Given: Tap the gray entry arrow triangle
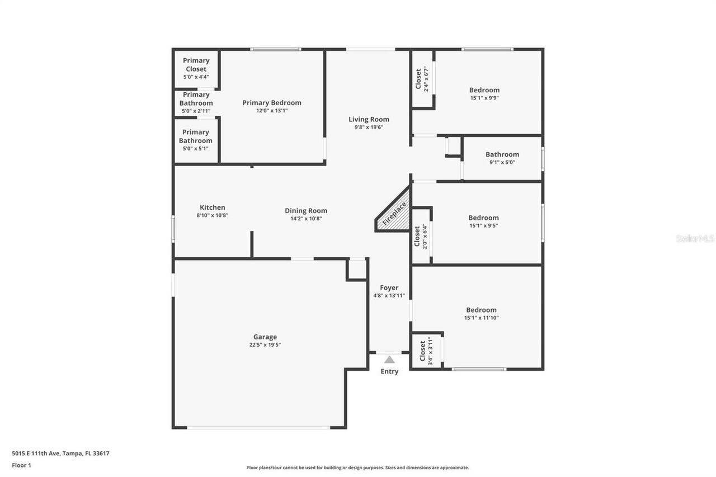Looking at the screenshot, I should tap(389, 360).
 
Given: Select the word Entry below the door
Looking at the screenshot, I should tap(389, 371).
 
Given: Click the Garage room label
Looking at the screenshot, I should tap(265, 337).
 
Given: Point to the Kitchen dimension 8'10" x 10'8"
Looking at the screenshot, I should tap(213, 215).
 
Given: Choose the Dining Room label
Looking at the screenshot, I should tap(306, 211).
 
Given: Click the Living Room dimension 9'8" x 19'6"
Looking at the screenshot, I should tap(369, 127).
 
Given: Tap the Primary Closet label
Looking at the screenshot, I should tap(196, 65).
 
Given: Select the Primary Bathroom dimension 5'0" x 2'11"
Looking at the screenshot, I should tap(196, 111).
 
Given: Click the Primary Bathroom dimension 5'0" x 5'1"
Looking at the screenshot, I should tap(196, 149).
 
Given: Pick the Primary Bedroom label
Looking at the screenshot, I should tap(272, 102).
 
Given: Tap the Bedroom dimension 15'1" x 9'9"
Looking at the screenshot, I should tap(484, 98).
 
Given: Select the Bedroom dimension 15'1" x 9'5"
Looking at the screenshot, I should tap(483, 226).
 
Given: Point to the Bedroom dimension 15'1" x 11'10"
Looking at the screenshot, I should tap(481, 318).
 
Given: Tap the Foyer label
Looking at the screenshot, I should tap(389, 287).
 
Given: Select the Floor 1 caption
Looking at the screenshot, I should tap(21, 465).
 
